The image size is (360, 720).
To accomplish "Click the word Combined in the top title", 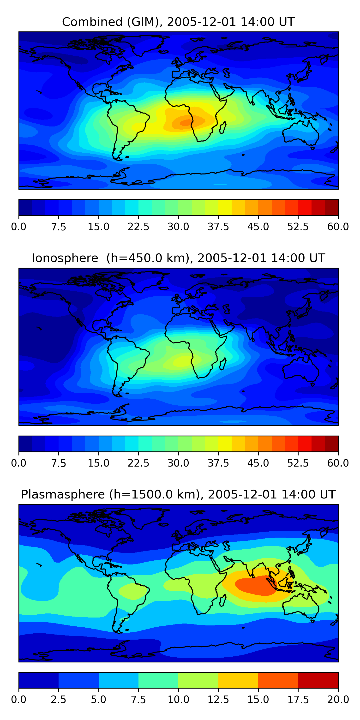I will pos(92,22).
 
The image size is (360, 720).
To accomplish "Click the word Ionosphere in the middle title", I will pos(65,258).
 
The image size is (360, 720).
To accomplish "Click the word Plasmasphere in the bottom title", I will pos(63,494).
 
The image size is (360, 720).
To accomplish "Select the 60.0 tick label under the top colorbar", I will pos(338,227).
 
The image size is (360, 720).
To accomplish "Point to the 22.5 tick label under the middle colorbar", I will pos(138,463).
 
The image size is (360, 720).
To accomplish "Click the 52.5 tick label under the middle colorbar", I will pos(298,463).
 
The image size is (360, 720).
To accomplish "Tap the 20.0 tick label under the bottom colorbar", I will pos(338,700).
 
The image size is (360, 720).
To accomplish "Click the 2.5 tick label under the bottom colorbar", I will pos(58,700).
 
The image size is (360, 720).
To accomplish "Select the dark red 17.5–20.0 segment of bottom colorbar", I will pos(318,680).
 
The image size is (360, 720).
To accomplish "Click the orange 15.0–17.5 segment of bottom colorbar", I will pos(278,680).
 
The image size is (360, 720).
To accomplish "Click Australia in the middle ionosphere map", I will pos(300,369).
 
